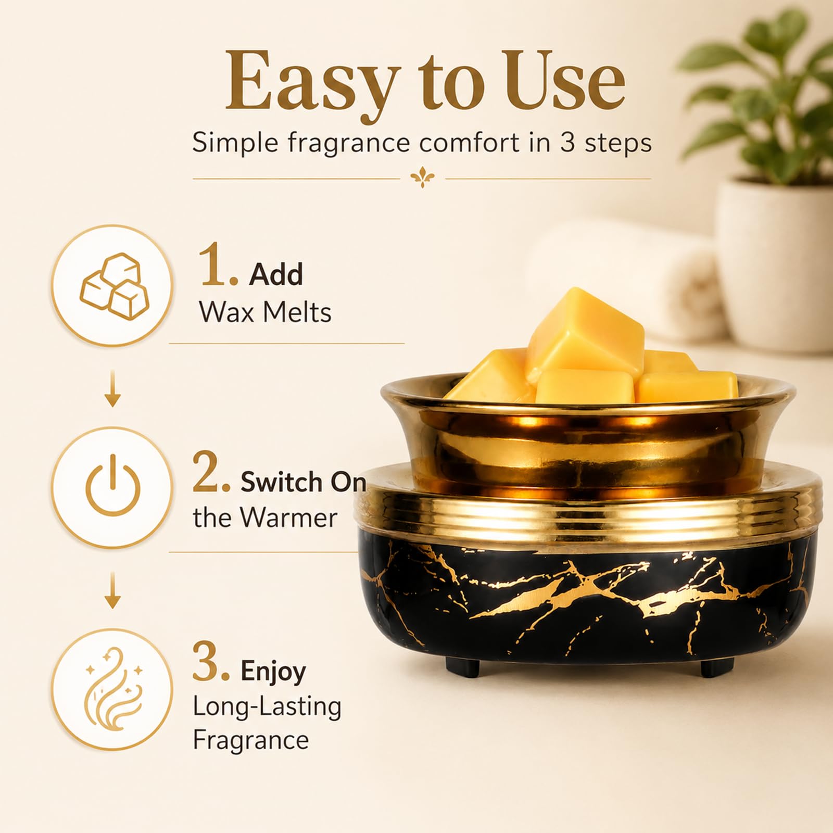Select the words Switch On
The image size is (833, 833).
[303, 482]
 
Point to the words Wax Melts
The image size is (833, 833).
[265, 312]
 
